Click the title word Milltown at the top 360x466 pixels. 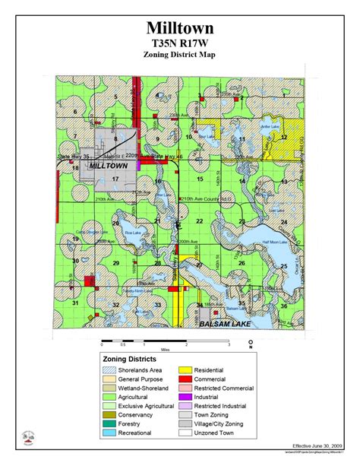180,29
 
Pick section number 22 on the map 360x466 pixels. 200,220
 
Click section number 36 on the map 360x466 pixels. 283,306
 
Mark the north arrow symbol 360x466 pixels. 251,341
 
